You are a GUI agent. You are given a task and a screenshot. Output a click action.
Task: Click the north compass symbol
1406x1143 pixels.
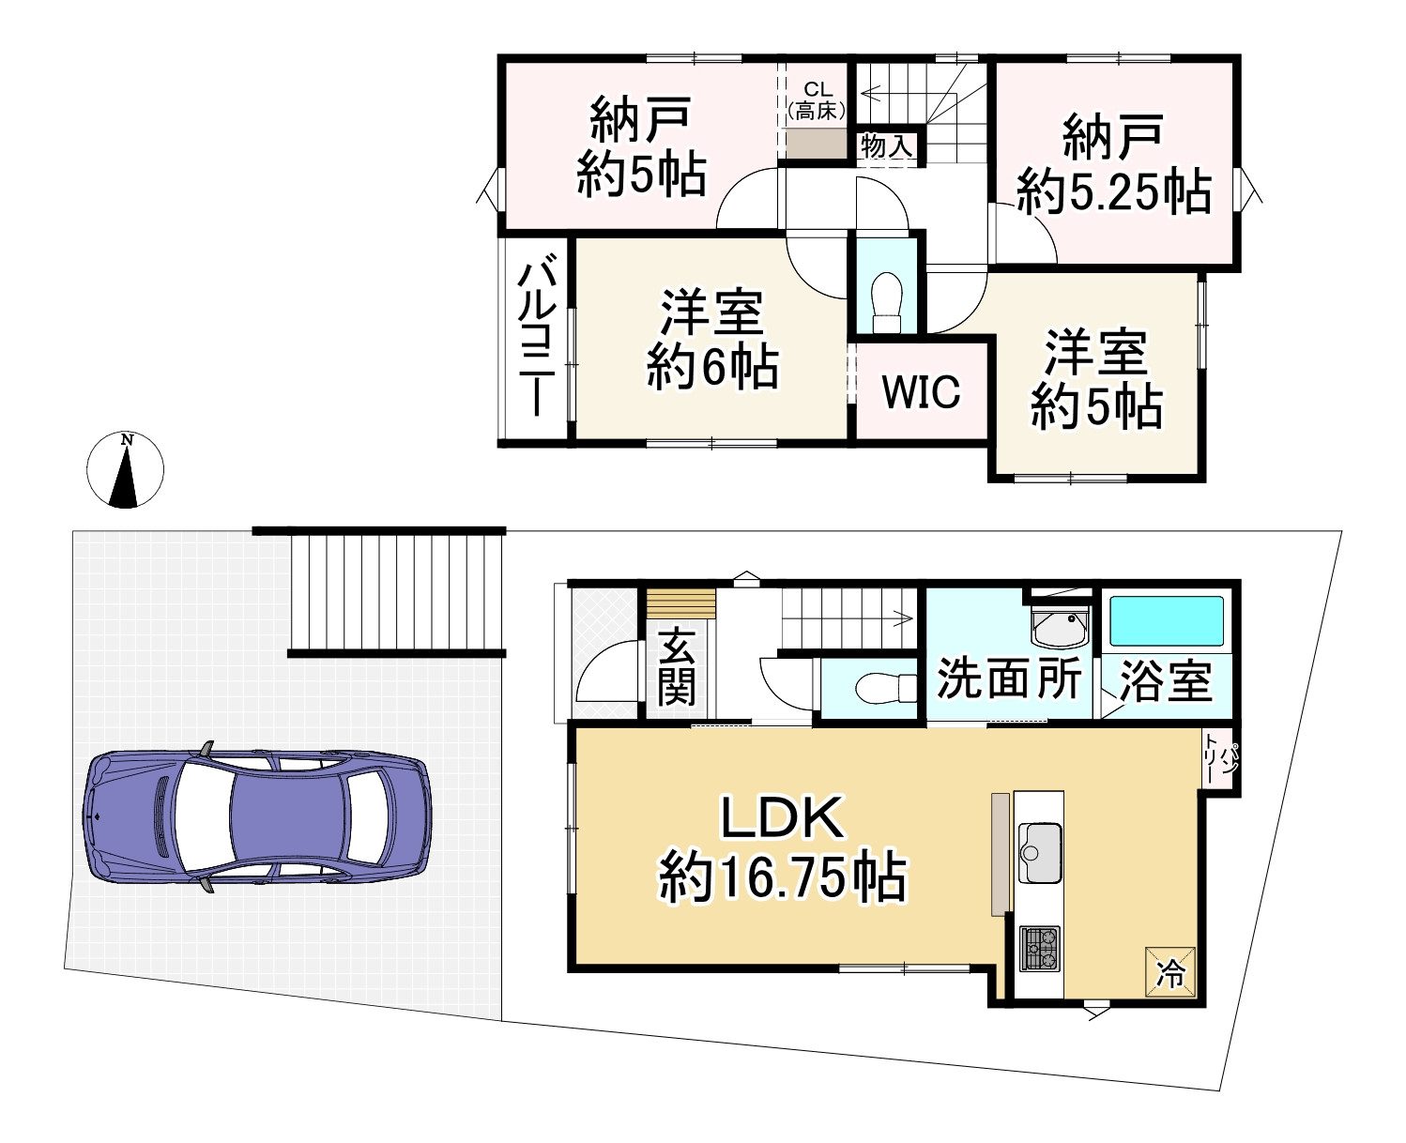coord(125,469)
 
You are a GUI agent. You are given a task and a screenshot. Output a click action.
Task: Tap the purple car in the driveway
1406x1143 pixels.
coord(257,817)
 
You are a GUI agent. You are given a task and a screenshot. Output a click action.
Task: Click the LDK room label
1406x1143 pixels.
coord(783,848)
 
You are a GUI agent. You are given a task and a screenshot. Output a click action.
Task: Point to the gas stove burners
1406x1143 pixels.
coord(1039,948)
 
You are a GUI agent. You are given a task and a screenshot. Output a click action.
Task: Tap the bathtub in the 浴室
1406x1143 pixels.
coord(1167,620)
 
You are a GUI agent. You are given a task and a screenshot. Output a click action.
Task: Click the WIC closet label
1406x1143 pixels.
coord(921,391)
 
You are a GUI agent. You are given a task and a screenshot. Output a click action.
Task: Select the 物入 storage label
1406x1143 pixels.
coord(886,146)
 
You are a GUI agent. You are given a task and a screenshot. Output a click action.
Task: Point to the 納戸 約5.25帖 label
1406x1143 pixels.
coord(1114,165)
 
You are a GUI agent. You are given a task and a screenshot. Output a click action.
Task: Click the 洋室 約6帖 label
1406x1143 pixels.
coord(712,340)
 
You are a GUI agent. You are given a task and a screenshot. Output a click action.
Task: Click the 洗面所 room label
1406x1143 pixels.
coord(1009,678)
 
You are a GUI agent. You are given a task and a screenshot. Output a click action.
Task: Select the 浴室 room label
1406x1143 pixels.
coord(1166,680)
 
